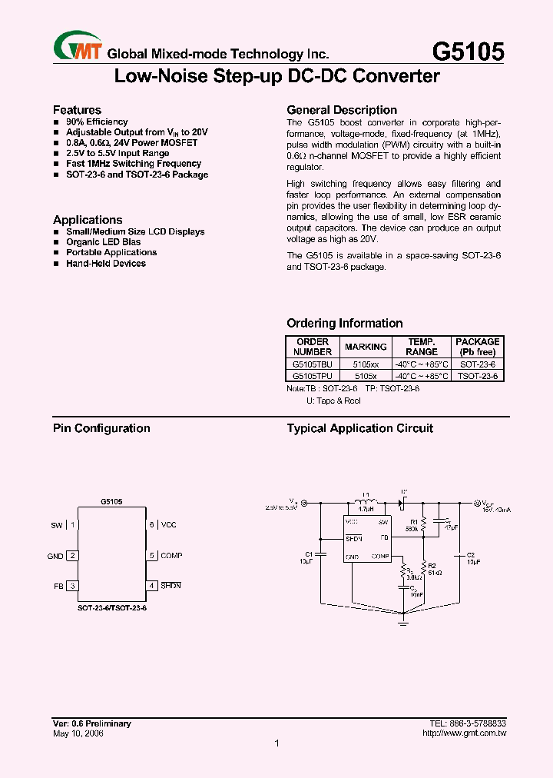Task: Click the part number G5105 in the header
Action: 468,52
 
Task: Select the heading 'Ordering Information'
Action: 344,324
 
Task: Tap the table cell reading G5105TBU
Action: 312,364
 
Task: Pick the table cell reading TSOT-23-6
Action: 477,376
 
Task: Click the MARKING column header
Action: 366,347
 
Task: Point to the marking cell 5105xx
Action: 366,364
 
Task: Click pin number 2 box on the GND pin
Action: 72,556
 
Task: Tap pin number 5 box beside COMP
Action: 152,555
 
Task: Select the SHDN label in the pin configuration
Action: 171,586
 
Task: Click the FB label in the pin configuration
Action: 58,586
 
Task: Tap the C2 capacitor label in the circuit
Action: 471,554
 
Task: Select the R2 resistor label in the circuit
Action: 431,566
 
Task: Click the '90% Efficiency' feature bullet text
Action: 97,121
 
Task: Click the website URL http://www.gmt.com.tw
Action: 464,733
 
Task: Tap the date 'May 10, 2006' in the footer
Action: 78,733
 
